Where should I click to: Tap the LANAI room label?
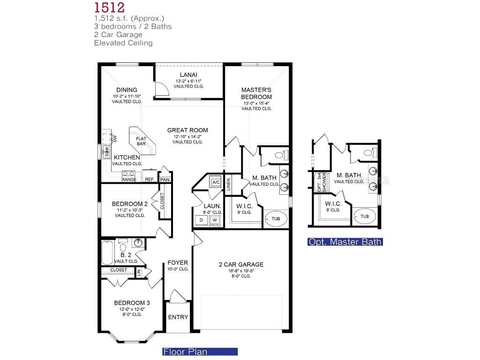point(188,75)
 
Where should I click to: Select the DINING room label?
point(127,90)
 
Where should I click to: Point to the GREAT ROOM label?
point(187,130)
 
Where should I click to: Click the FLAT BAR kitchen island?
point(142,141)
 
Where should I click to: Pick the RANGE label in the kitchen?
point(129,180)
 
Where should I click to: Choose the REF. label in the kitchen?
point(150,180)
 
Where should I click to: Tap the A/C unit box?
point(216,182)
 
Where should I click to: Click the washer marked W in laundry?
point(215,220)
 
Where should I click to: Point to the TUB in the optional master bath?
point(364,216)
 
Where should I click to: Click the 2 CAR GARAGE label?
point(241,264)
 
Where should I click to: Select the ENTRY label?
point(178,317)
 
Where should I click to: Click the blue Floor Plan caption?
point(200,351)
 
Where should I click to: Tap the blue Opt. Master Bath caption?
point(345,242)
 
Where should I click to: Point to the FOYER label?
point(178,262)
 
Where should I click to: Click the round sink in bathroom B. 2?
point(138,243)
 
